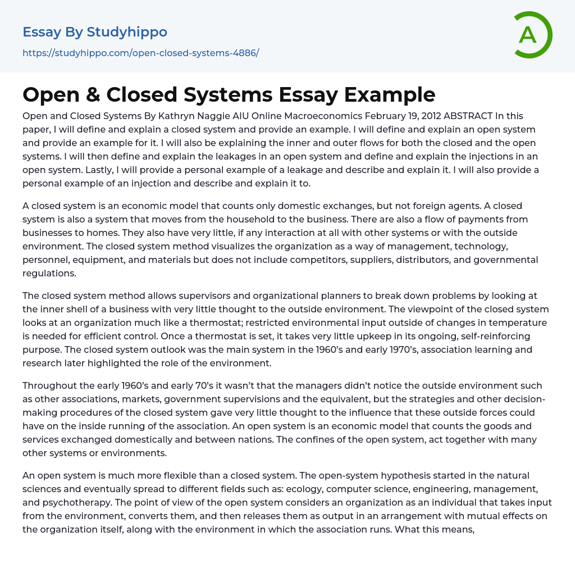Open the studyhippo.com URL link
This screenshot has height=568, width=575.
point(140,53)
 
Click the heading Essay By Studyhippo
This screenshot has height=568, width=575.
point(95,32)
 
